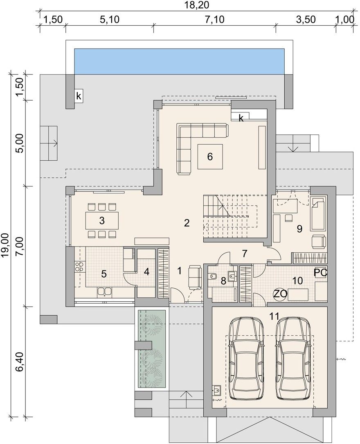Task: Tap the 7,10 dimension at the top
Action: (x=214, y=20)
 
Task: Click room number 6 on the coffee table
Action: (x=210, y=156)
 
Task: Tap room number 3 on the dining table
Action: (x=102, y=220)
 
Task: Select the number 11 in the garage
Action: (x=274, y=316)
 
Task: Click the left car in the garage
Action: (x=246, y=359)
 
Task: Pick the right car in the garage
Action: (x=294, y=359)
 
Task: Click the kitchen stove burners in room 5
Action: (x=80, y=267)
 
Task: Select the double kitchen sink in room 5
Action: (x=104, y=292)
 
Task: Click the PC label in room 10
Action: (x=320, y=273)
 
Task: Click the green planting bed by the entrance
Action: (x=151, y=349)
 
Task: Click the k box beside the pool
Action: (x=79, y=96)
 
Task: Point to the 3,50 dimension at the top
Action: (x=306, y=20)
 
